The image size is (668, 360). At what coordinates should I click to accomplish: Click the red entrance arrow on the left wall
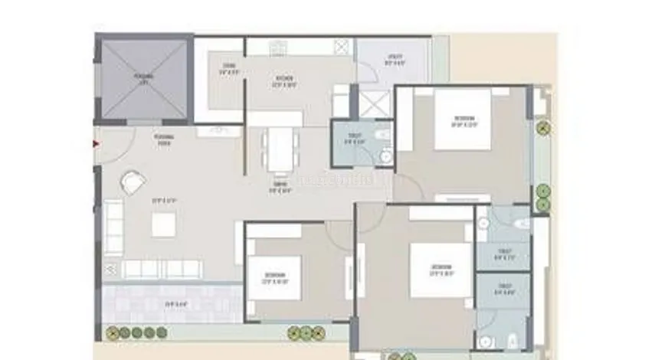pos(96,142)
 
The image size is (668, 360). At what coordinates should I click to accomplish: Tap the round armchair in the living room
pos(133,183)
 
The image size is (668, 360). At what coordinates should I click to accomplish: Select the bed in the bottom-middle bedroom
pos(274,279)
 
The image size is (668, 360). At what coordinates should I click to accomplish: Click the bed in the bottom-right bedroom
pos(440,270)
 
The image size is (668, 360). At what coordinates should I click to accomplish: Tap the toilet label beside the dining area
pos(354,141)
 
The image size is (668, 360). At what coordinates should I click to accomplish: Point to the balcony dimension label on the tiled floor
pos(175,304)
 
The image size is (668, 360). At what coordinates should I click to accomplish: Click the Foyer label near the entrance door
pos(162,139)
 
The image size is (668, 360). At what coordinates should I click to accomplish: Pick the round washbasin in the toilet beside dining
pos(386,155)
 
